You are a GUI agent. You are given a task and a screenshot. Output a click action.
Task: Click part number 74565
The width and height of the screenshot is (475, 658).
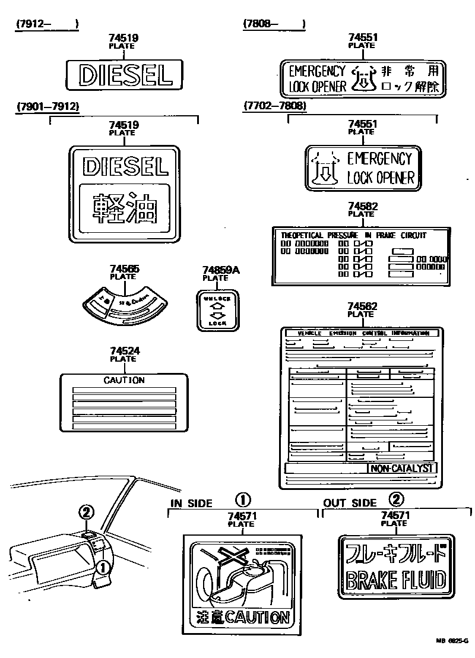pos(124,269)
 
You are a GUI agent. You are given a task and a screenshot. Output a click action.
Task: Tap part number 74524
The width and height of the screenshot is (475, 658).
pos(124,352)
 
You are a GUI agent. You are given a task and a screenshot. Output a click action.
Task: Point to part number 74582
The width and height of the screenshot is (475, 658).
pos(362,207)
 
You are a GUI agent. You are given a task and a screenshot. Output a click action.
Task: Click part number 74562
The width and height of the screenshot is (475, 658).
pos(362,306)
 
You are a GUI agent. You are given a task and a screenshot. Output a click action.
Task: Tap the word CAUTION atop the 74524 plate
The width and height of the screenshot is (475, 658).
pos(124,380)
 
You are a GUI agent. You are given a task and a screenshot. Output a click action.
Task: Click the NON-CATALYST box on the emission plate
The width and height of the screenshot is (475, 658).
pos(403,469)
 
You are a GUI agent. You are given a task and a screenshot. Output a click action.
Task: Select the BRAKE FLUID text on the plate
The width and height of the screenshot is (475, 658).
pos(395,579)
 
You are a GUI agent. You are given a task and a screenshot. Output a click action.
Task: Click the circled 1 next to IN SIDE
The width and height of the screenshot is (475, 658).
pos(243,499)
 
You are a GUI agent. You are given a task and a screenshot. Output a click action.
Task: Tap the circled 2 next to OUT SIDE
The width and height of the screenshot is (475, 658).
pos(397,499)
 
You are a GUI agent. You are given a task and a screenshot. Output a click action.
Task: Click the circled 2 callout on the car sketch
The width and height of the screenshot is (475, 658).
pos(87,512)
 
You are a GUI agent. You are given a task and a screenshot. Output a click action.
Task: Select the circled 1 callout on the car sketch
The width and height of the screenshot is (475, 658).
pos(102,568)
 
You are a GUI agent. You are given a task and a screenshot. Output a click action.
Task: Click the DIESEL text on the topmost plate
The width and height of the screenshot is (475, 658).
pos(125,75)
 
